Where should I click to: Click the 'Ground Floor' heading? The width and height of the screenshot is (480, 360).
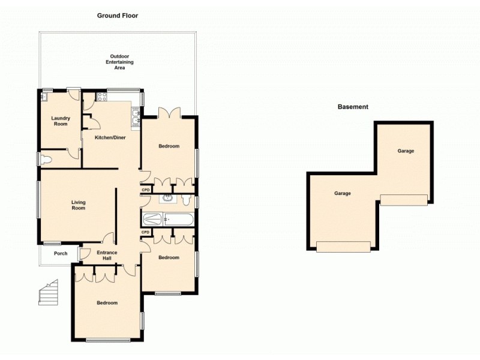click(118, 16)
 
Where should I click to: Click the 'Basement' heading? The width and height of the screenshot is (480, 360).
click(353, 107)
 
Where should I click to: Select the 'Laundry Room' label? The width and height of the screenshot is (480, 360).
click(60, 121)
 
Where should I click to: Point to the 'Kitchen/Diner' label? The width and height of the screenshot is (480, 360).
click(110, 138)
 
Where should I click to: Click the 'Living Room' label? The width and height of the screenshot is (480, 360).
click(78, 205)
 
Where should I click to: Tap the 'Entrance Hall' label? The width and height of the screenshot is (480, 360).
click(107, 256)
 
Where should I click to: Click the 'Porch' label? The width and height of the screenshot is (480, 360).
click(60, 253)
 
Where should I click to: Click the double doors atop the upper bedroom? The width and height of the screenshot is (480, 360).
click(169, 113)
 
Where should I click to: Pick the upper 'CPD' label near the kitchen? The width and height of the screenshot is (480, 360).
click(145, 190)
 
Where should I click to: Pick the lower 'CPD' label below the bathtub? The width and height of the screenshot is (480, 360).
click(145, 232)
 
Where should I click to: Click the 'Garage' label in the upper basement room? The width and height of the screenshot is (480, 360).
click(406, 151)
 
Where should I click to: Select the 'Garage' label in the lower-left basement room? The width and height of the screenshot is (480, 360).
click(343, 194)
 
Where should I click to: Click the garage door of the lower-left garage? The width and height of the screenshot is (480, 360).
click(343, 247)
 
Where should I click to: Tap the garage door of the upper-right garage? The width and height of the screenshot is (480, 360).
click(404, 200)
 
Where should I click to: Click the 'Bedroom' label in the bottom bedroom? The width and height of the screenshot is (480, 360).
click(107, 303)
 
